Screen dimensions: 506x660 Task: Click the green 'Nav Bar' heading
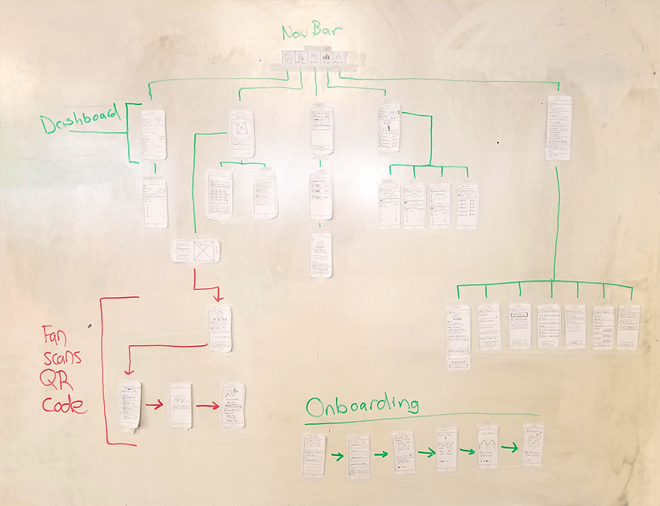click(313, 33)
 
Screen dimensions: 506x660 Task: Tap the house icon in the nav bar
click(288, 59)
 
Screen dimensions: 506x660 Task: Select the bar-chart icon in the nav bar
click(326, 59)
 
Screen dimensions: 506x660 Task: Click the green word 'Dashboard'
click(81, 125)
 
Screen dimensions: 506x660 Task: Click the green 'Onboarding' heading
click(362, 406)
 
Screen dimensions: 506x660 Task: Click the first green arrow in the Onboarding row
click(337, 455)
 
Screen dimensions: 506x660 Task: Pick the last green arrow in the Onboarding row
click(509, 448)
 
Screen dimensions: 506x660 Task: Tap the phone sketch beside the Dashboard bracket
click(153, 134)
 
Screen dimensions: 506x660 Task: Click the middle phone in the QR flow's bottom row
click(181, 405)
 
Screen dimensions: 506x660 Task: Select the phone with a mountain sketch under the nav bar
click(322, 254)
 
